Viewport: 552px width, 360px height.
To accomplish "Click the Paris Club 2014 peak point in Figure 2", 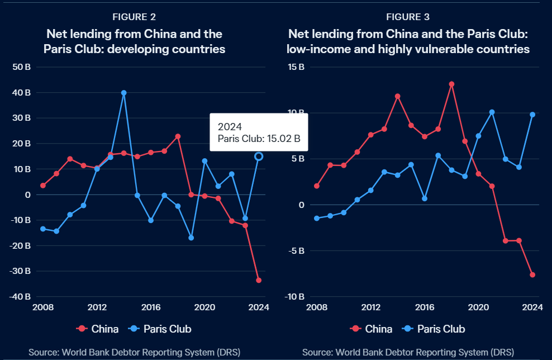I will click(x=123, y=93).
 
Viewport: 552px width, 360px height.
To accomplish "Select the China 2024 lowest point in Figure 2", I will click(x=259, y=280).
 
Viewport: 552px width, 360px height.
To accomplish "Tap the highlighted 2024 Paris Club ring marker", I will click(x=259, y=157).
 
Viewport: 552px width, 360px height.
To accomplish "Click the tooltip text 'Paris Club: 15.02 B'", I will click(x=259, y=139).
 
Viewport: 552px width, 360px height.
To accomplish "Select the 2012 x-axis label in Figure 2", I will click(x=97, y=307).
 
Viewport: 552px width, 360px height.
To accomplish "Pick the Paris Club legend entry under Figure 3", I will click(x=435, y=329).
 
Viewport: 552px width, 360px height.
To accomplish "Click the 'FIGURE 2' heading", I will click(x=134, y=17).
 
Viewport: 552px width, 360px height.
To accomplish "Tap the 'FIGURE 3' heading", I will click(x=407, y=17).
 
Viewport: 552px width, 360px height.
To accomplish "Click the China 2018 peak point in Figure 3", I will click(x=451, y=84).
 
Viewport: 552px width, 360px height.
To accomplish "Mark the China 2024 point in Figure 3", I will click(x=532, y=274).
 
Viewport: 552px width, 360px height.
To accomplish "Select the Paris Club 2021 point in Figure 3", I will click(x=492, y=112).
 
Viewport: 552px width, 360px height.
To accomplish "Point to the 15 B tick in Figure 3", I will click(x=296, y=67).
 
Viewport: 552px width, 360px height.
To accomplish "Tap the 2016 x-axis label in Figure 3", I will click(x=425, y=307).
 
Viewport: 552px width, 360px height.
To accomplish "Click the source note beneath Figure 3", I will click(x=408, y=352).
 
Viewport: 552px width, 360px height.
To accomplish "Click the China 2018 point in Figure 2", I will click(x=178, y=136).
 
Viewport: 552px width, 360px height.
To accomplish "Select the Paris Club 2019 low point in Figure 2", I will click(x=191, y=238).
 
